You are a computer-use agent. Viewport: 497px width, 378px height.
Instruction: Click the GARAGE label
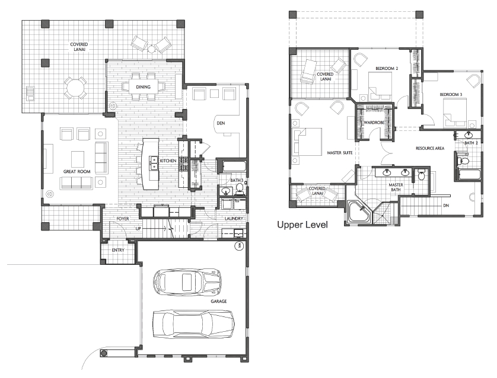click(219, 302)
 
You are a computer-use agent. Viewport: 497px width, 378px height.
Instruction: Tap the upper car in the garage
click(187, 281)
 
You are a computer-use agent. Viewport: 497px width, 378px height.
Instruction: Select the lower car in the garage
click(193, 324)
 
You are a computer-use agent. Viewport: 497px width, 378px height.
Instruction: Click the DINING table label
click(144, 87)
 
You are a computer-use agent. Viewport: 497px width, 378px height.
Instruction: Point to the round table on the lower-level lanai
click(75, 88)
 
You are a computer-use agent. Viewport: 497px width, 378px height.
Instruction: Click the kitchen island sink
click(154, 162)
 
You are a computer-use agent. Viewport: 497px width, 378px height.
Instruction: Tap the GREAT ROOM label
click(77, 172)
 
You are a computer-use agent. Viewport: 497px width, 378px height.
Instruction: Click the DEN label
click(221, 123)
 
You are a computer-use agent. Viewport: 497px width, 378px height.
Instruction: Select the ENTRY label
click(118, 250)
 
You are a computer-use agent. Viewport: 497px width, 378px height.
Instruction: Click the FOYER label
click(123, 219)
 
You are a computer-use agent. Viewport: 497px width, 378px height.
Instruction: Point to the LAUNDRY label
click(234, 219)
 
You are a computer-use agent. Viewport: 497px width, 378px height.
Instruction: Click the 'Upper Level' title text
click(302, 225)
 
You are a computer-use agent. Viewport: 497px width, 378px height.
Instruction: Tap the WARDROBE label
click(374, 123)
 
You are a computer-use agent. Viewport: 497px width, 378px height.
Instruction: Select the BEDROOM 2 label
click(387, 68)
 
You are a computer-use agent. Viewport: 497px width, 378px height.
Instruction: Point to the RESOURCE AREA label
click(430, 148)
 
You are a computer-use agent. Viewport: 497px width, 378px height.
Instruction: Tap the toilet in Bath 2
click(463, 161)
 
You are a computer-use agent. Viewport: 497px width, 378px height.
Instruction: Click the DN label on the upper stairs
click(446, 206)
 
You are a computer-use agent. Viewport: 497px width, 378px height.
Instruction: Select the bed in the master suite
click(307, 142)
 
